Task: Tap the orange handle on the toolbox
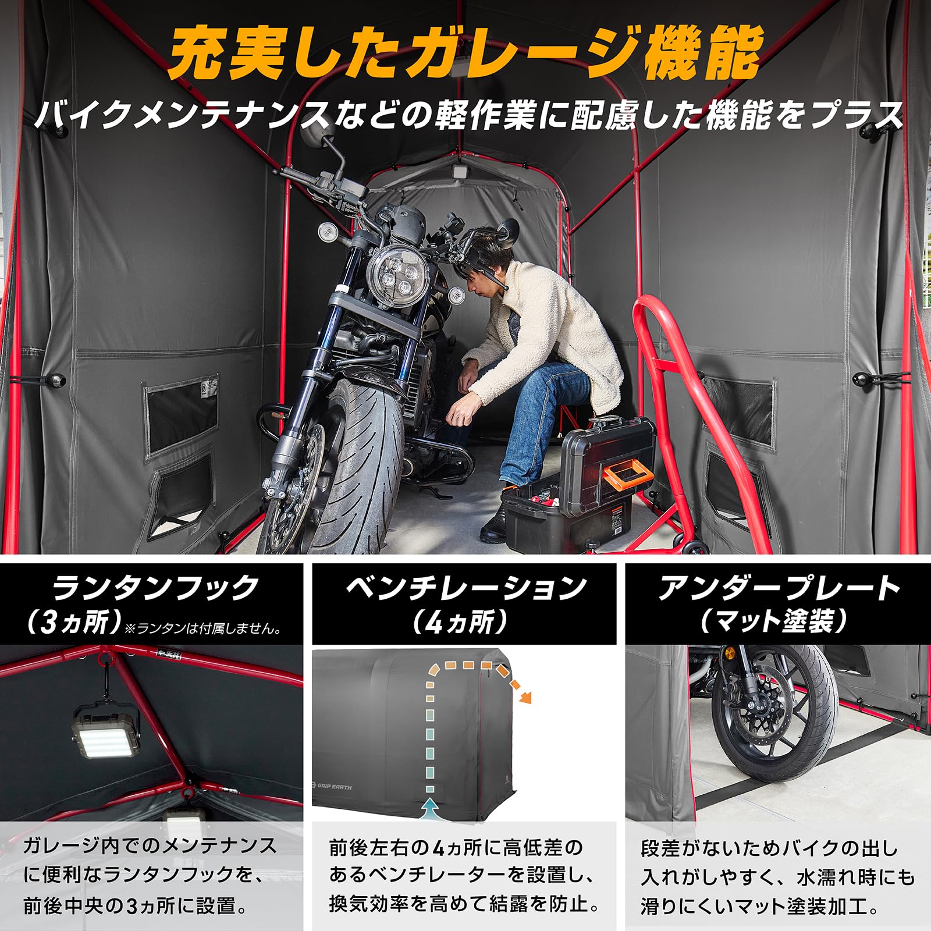coord(626,474)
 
